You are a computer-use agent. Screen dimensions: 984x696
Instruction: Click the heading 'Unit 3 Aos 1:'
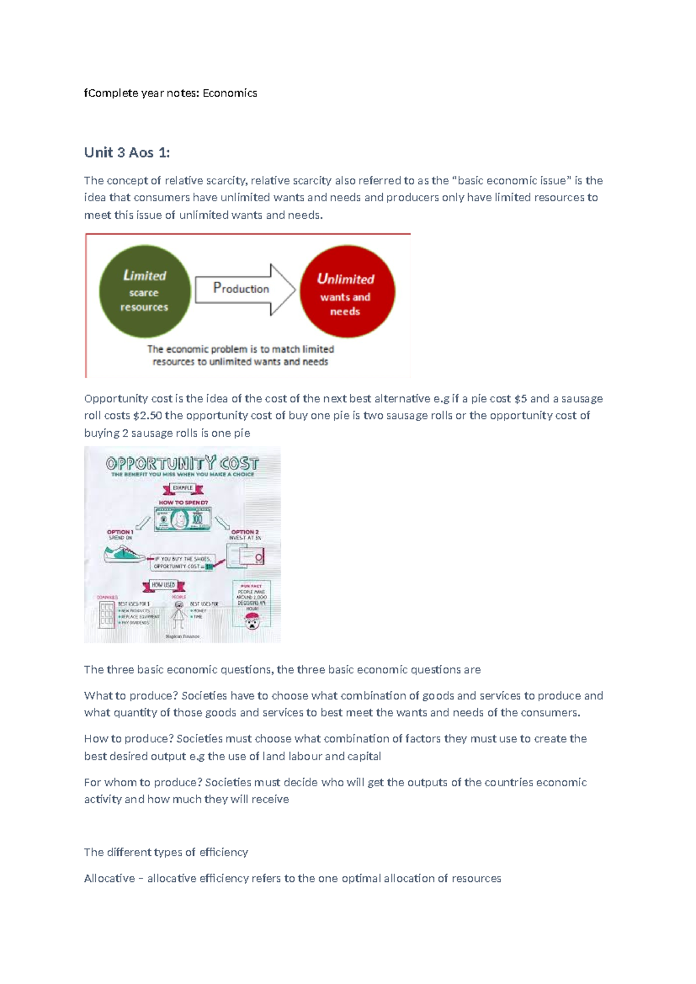(x=127, y=153)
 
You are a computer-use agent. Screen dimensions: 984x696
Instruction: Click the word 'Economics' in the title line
(x=230, y=93)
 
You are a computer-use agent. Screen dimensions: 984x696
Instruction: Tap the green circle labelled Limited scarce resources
(x=144, y=291)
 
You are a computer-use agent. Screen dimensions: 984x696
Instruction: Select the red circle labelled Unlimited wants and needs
(x=347, y=291)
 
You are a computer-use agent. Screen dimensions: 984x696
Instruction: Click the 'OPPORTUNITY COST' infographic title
(x=182, y=464)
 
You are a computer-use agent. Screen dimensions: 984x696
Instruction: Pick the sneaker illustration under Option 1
(x=124, y=554)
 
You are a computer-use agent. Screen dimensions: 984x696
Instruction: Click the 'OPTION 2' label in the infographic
(x=245, y=531)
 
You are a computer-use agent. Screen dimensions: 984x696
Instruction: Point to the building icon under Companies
(x=106, y=614)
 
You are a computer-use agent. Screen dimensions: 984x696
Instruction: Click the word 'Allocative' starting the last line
(x=109, y=878)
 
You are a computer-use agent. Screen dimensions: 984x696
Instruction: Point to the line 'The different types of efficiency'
(x=166, y=852)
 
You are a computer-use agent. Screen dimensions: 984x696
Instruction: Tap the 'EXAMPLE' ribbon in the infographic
(x=182, y=488)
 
